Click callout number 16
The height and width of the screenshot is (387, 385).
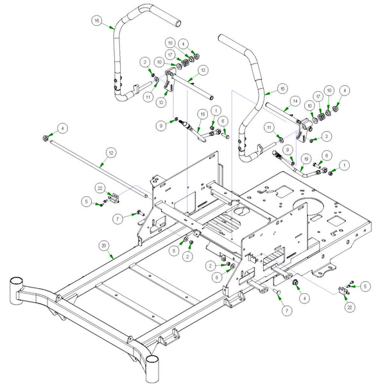(x=96, y=21)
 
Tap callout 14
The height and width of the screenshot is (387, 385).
(x=294, y=100)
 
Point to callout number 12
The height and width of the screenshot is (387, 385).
(x=110, y=153)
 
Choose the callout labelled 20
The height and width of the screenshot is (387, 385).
(x=103, y=245)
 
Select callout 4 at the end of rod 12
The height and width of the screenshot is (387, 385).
(x=62, y=128)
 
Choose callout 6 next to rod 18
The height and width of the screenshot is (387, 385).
(x=222, y=120)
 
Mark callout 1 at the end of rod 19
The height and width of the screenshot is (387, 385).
(x=346, y=165)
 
